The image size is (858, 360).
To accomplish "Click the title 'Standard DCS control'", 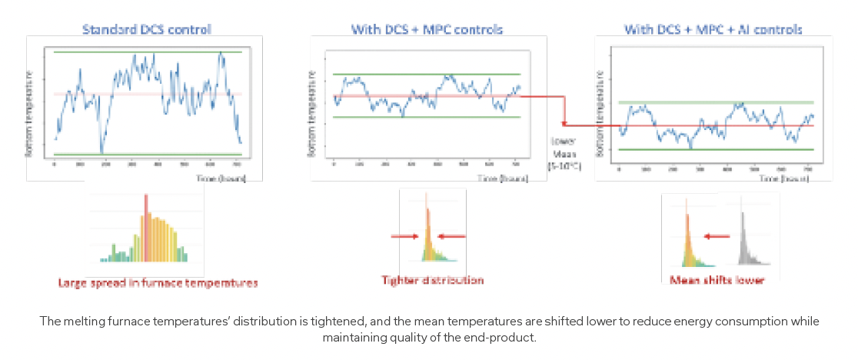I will [147, 29].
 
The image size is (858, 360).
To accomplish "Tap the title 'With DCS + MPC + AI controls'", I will [713, 29].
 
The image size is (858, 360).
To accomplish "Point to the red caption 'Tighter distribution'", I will [433, 280].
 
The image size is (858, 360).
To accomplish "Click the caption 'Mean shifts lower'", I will [717, 280].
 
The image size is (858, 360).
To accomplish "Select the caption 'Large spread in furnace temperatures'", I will [158, 282].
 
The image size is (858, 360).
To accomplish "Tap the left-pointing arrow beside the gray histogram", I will [718, 238].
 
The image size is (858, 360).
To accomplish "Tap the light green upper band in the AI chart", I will [715, 102].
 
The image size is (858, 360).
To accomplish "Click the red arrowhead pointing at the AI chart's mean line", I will [566, 125].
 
